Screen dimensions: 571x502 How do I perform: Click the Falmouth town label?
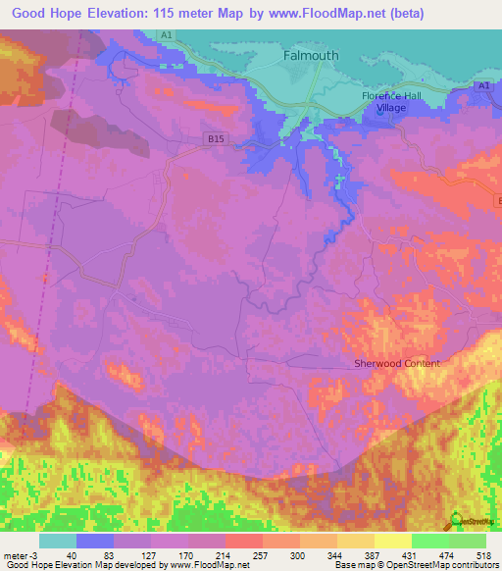pyautogui.click(x=311, y=56)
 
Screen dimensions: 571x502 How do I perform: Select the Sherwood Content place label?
pyautogui.click(x=397, y=363)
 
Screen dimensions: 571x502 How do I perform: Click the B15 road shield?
pyautogui.click(x=217, y=140)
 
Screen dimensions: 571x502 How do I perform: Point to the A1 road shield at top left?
pyautogui.click(x=166, y=34)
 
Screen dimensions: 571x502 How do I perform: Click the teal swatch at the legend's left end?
pyautogui.click(x=58, y=541)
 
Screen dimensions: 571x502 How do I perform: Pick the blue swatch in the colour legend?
pyautogui.click(x=95, y=541)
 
